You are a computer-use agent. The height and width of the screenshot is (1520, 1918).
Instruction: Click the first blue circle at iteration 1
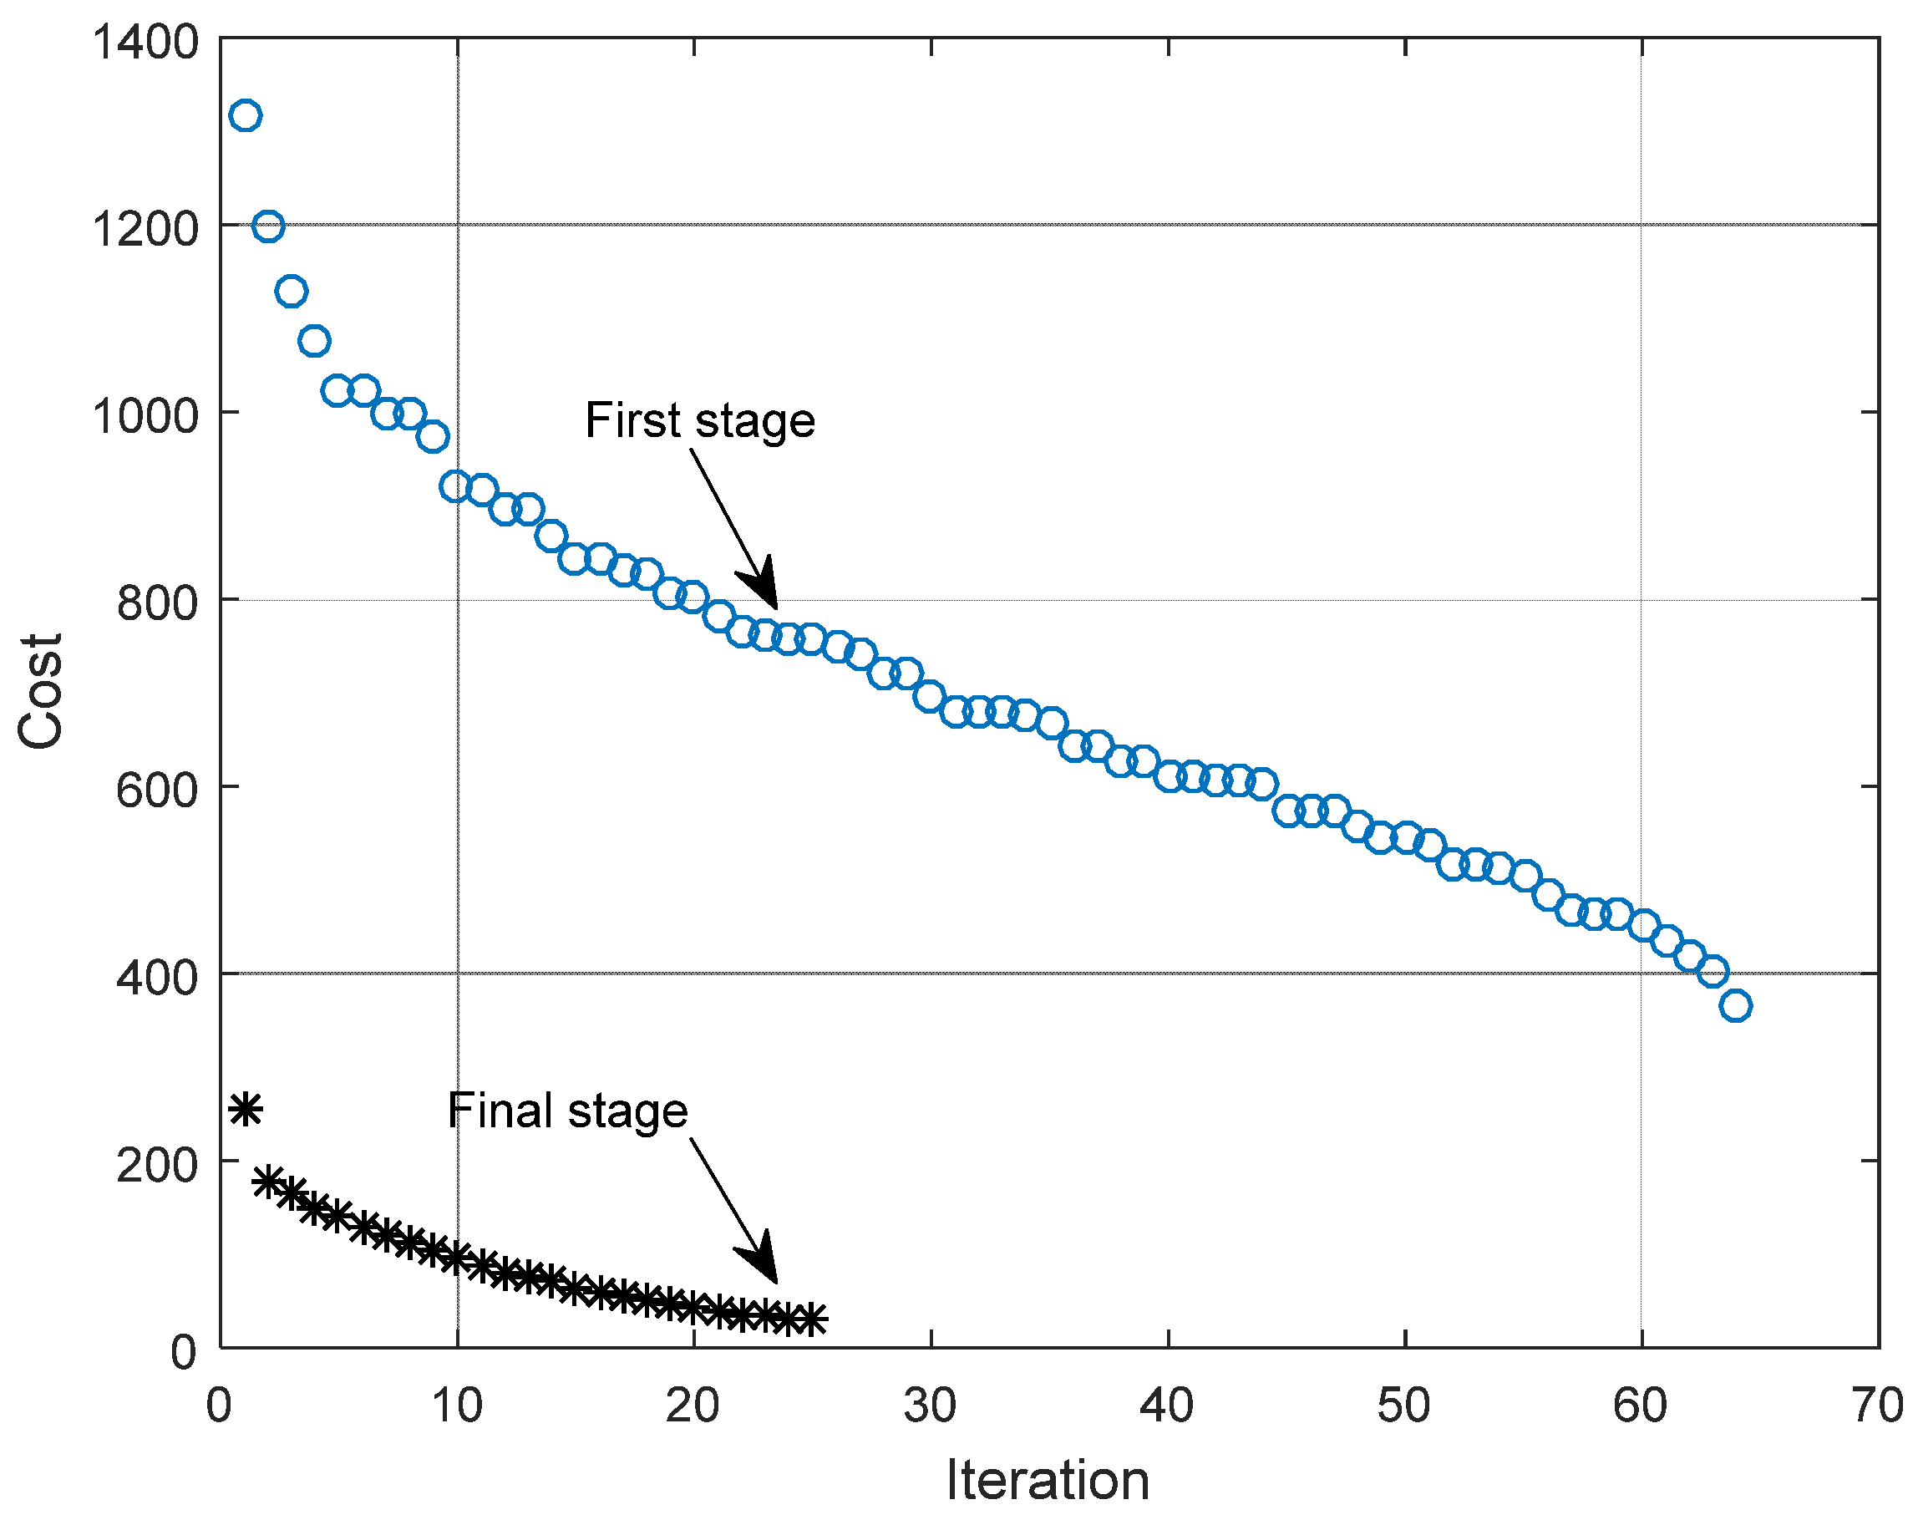tap(245, 115)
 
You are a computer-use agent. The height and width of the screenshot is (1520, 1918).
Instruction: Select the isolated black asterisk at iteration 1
tap(246, 1110)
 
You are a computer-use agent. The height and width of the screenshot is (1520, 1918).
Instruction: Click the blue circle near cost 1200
tap(268, 226)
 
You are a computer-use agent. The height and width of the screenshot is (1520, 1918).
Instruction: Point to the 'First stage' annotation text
tap(699, 420)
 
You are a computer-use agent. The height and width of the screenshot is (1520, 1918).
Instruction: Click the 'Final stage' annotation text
tap(567, 1111)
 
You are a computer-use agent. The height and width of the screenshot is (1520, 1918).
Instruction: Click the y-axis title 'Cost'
tap(41, 690)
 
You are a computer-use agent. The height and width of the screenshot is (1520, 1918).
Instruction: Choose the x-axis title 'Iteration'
tap(1048, 1480)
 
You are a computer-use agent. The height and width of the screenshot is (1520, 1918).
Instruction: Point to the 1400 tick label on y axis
tap(145, 42)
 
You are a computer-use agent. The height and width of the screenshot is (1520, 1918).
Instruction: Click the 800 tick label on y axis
tap(156, 602)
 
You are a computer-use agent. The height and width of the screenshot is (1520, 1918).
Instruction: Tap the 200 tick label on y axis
tap(156, 1164)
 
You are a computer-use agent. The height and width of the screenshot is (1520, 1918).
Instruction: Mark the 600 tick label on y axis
tap(156, 790)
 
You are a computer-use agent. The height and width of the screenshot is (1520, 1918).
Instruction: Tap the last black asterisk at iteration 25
tap(810, 1319)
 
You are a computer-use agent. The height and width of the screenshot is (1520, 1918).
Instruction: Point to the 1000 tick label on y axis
tap(145, 415)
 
